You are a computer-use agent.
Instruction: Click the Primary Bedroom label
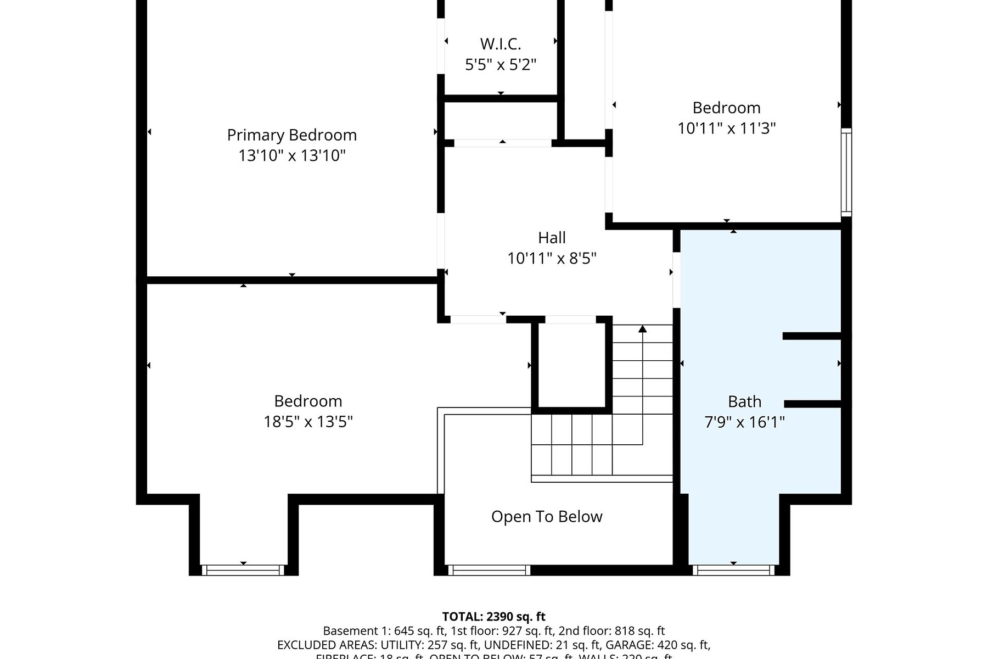click(291, 135)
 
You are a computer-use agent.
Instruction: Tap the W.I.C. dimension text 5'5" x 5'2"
click(500, 65)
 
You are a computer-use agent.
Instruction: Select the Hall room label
click(552, 238)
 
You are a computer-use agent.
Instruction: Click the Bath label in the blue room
click(744, 401)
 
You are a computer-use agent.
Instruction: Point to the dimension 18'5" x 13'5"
click(308, 422)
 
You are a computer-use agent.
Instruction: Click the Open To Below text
click(547, 517)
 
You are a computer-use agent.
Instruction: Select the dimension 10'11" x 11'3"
click(726, 129)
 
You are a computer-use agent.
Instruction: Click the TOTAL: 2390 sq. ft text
click(493, 617)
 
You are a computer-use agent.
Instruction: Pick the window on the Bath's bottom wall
click(733, 570)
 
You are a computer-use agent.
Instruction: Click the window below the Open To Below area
click(489, 570)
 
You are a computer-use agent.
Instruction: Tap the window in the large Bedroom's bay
click(243, 570)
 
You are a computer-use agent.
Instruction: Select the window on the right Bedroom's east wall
click(846, 172)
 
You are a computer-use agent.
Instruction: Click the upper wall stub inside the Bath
click(812, 336)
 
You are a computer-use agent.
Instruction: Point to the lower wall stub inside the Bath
click(813, 404)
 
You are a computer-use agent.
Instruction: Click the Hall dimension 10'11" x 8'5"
click(552, 258)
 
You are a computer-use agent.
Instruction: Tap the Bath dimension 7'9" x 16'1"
click(744, 422)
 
